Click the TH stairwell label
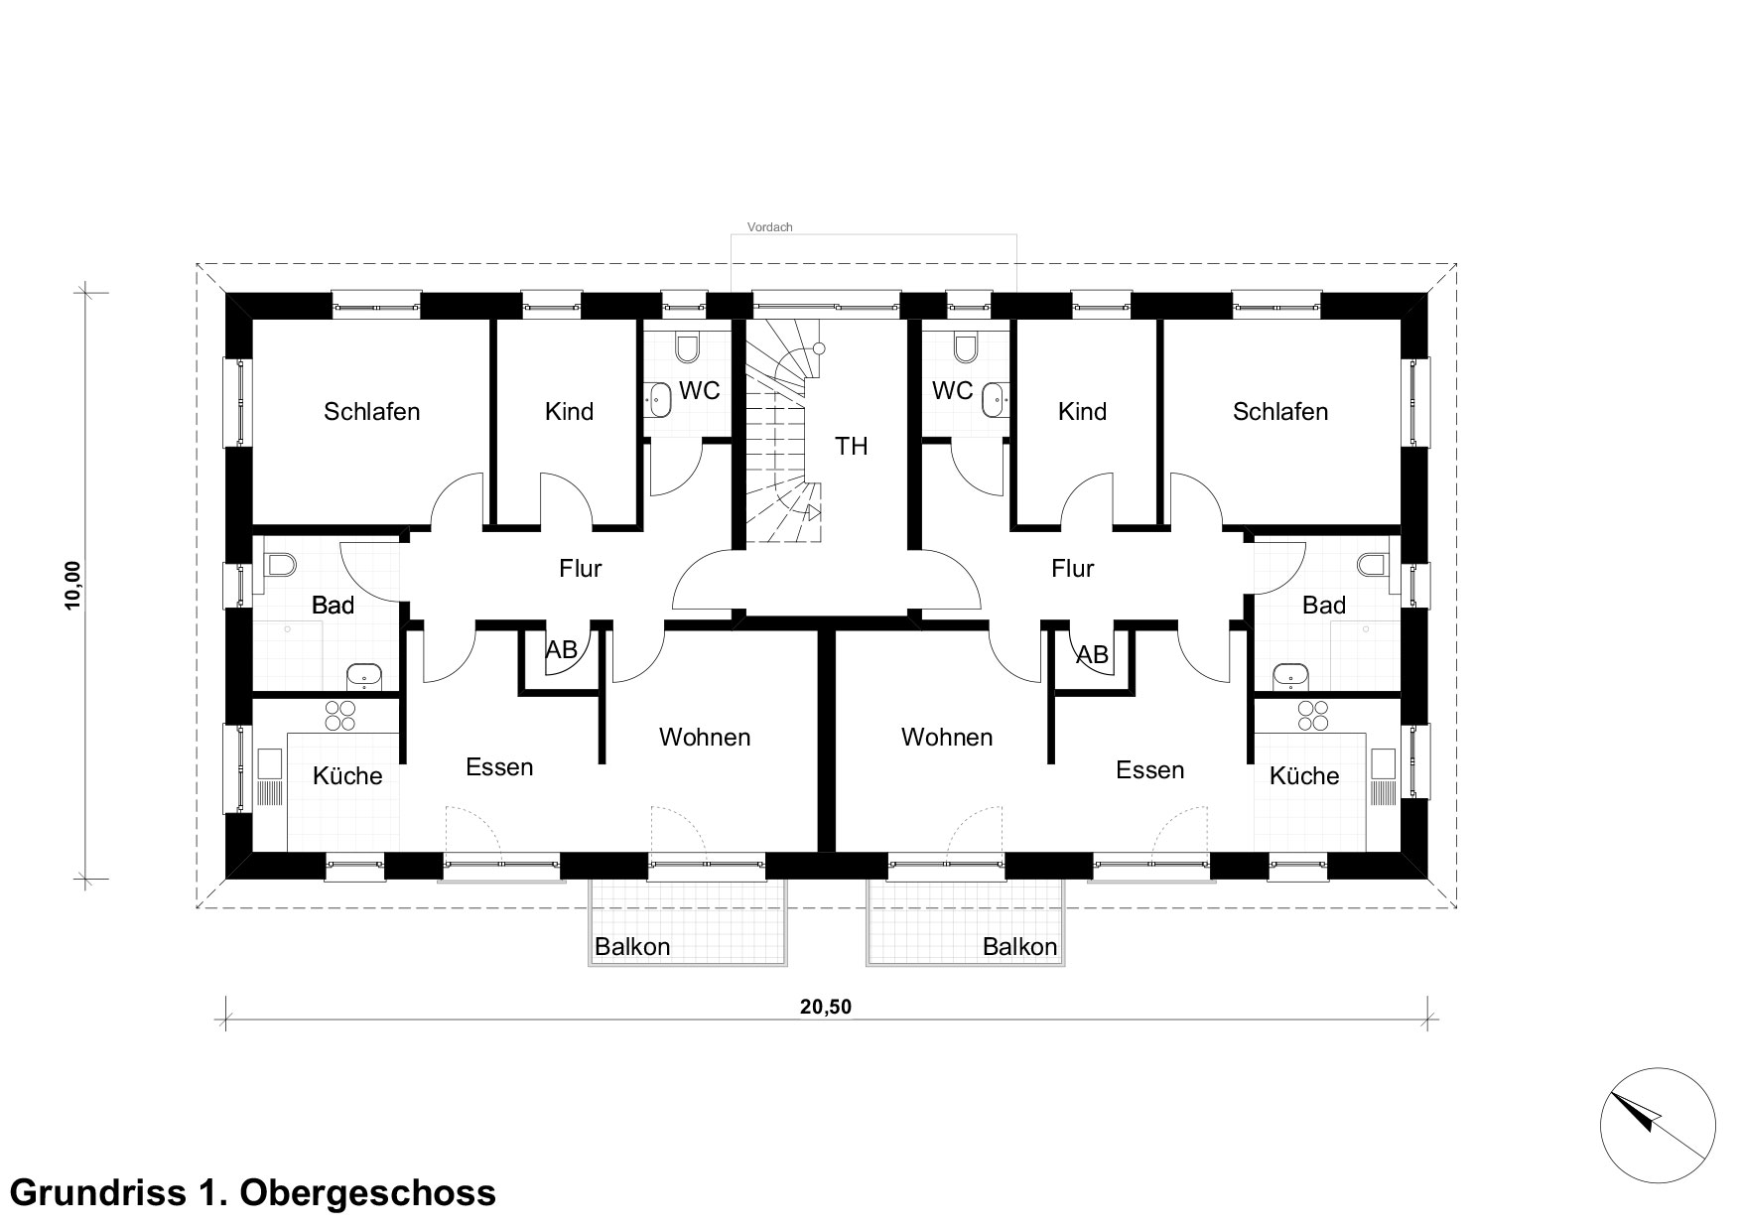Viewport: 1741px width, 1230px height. click(851, 447)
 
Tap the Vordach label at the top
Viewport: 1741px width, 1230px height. click(770, 227)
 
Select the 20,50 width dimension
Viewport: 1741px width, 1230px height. click(826, 1007)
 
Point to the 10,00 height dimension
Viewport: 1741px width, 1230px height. click(73, 588)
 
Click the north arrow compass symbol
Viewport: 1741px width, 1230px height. click(1658, 1122)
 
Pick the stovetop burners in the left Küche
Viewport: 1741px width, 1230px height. click(339, 716)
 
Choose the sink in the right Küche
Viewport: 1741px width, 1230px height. click(1382, 776)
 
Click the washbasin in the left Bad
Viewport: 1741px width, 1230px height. click(364, 677)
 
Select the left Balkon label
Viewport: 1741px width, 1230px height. click(632, 947)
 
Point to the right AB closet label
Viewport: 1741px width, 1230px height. click(1093, 655)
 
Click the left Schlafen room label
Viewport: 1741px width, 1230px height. click(372, 411)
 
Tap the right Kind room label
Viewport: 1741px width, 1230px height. click(1082, 411)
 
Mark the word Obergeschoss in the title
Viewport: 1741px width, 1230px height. click(364, 1191)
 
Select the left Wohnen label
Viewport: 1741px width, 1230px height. click(705, 738)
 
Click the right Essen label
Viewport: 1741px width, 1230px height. click(1150, 770)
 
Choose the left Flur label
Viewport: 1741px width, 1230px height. click(581, 568)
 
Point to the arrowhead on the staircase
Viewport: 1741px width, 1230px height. click(813, 513)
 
